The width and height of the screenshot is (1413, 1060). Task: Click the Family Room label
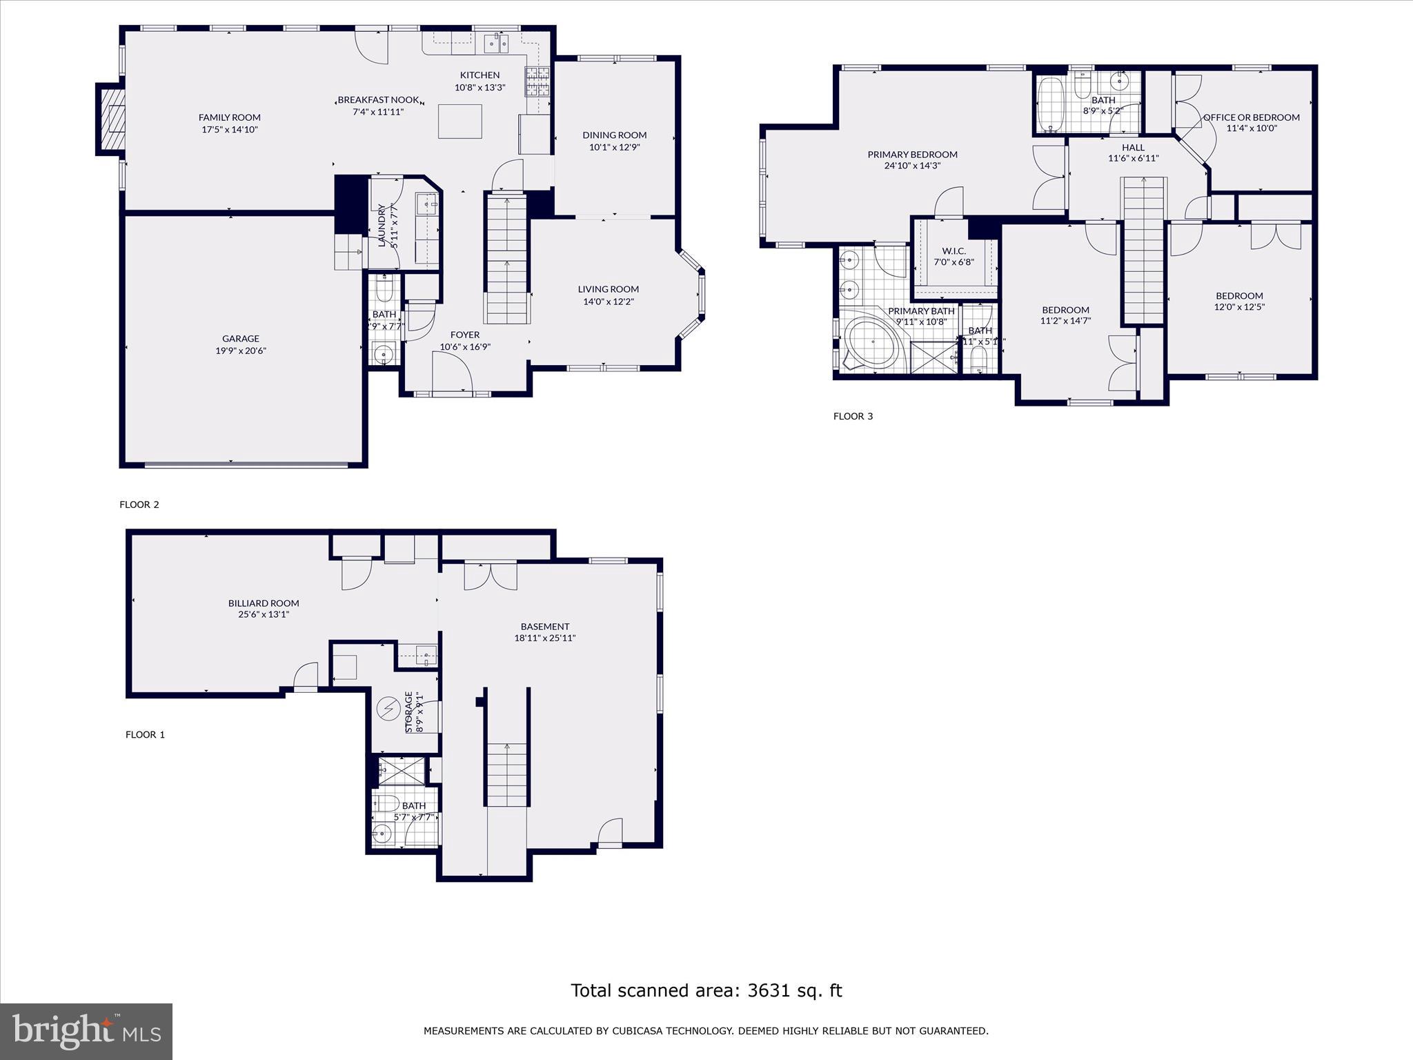coord(229,117)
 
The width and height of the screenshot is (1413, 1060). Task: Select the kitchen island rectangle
coord(460,121)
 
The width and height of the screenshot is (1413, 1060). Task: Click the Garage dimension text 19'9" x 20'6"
coord(240,351)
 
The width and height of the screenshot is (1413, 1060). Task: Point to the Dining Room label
coord(614,135)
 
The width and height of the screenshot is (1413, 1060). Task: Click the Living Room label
coord(608,289)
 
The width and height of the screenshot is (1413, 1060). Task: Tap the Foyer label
coord(464,335)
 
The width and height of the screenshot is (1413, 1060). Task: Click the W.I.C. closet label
coord(953,251)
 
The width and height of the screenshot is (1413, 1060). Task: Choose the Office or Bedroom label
coord(1251,117)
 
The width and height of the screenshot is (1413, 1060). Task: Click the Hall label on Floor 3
coord(1133,147)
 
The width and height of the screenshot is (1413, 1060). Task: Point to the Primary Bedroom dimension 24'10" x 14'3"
coord(912,166)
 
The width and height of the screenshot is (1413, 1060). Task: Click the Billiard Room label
coord(264,603)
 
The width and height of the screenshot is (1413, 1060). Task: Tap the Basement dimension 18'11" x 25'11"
coord(544,638)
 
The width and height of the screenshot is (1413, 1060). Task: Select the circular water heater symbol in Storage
coord(388,707)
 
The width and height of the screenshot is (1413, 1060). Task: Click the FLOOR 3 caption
coord(853,416)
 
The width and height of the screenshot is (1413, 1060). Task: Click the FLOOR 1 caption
coord(145,734)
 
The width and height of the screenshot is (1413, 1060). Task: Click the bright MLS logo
coord(86,1031)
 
